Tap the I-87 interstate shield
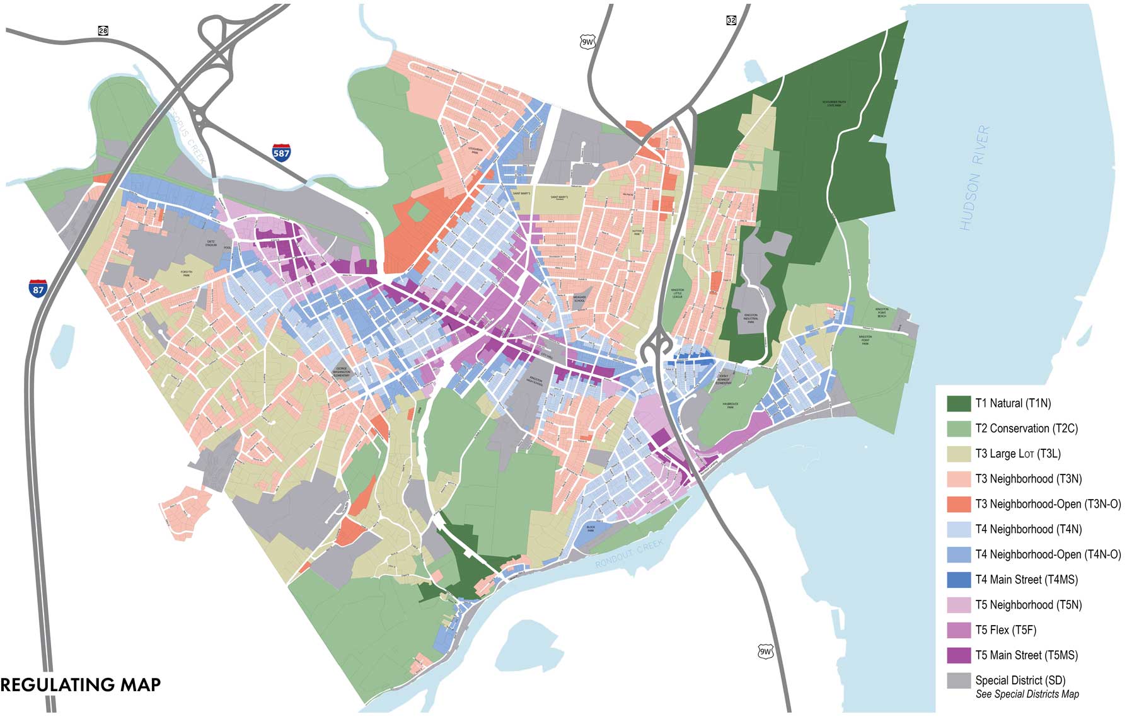(x=38, y=289)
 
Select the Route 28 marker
(x=103, y=30)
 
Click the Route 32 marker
(x=731, y=20)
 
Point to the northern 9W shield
(x=587, y=42)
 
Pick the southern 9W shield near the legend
(x=765, y=651)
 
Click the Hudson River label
(x=973, y=178)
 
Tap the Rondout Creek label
(x=629, y=554)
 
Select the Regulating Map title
(x=81, y=685)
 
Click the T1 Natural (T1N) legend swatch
(x=959, y=403)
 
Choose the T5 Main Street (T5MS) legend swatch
(x=959, y=655)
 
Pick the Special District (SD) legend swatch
(x=959, y=680)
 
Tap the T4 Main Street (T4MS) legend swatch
(x=959, y=580)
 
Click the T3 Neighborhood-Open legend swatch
(x=959, y=504)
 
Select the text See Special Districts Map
(x=1027, y=694)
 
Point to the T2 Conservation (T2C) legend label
(x=1026, y=428)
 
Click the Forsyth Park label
(x=187, y=273)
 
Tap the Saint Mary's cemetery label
(x=558, y=198)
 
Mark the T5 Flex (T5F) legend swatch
(x=959, y=630)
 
